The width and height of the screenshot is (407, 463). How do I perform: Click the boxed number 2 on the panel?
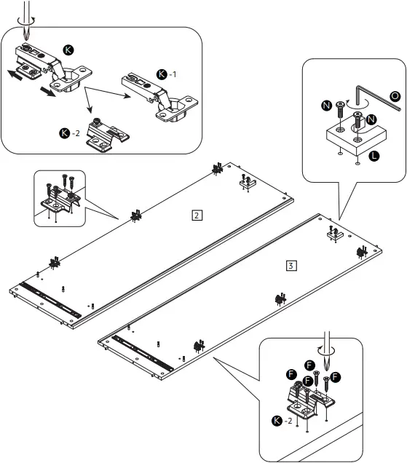click(197, 215)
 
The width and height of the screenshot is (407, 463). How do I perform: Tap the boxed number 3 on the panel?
click(291, 265)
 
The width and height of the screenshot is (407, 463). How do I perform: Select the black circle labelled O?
click(395, 95)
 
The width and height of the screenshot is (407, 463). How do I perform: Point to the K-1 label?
click(166, 74)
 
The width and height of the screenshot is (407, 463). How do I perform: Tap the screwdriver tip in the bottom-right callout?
click(327, 362)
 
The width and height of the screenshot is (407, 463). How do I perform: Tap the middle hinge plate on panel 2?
click(135, 215)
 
